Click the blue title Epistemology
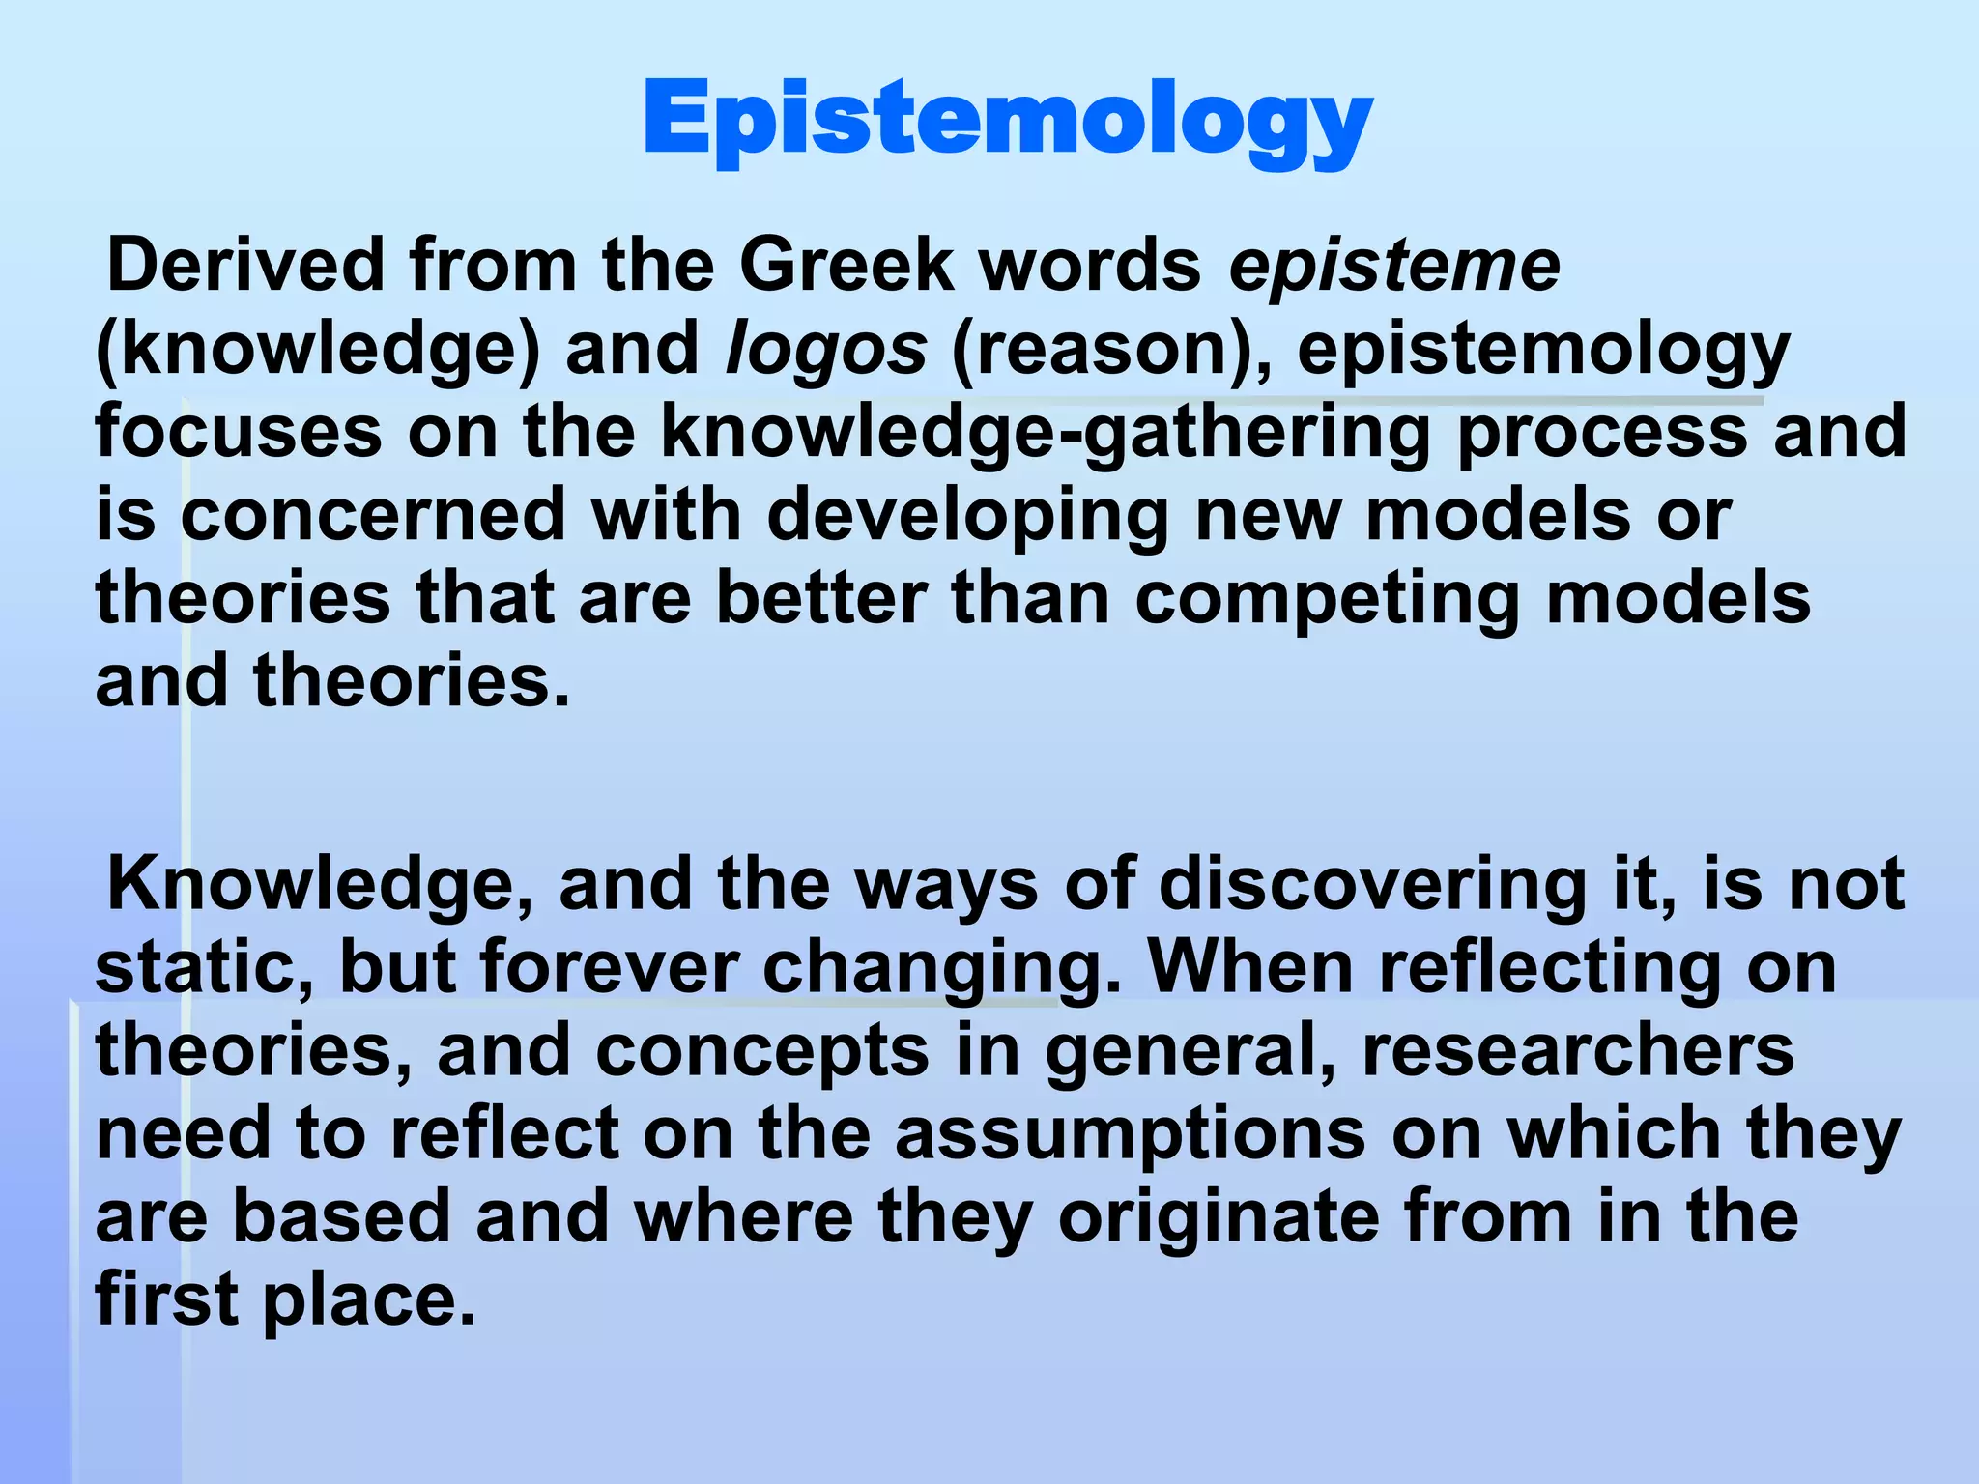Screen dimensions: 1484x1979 [1007, 121]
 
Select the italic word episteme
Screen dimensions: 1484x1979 [1393, 266]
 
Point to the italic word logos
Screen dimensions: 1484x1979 [826, 349]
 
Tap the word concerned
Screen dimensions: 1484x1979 [373, 515]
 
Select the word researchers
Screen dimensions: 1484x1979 [1577, 1051]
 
